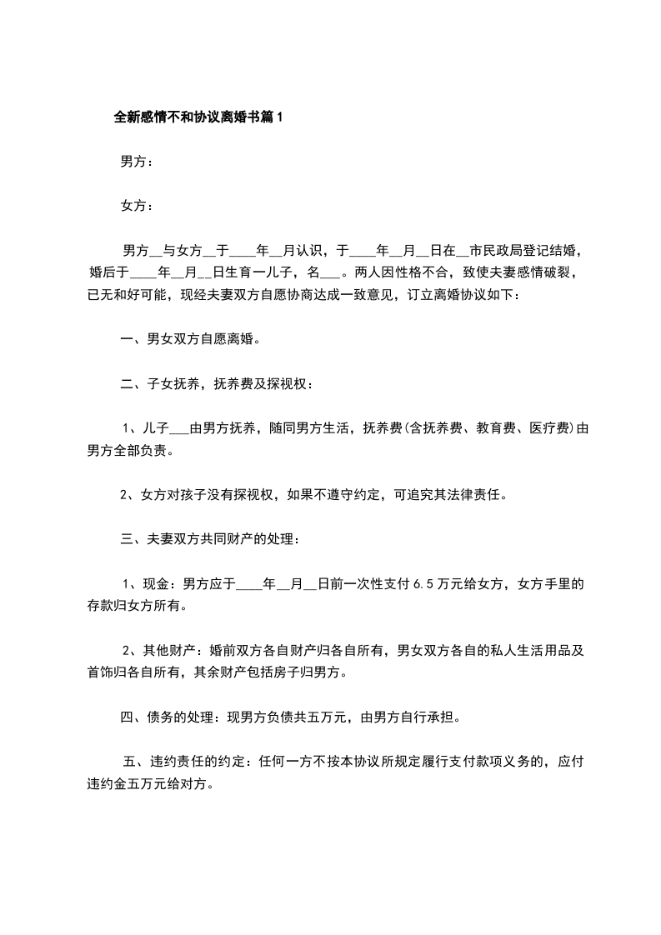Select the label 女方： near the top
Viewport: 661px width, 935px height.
click(x=137, y=205)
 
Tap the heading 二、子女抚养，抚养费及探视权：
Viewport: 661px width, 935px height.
click(x=217, y=384)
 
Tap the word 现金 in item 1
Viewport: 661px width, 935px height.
click(x=156, y=584)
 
